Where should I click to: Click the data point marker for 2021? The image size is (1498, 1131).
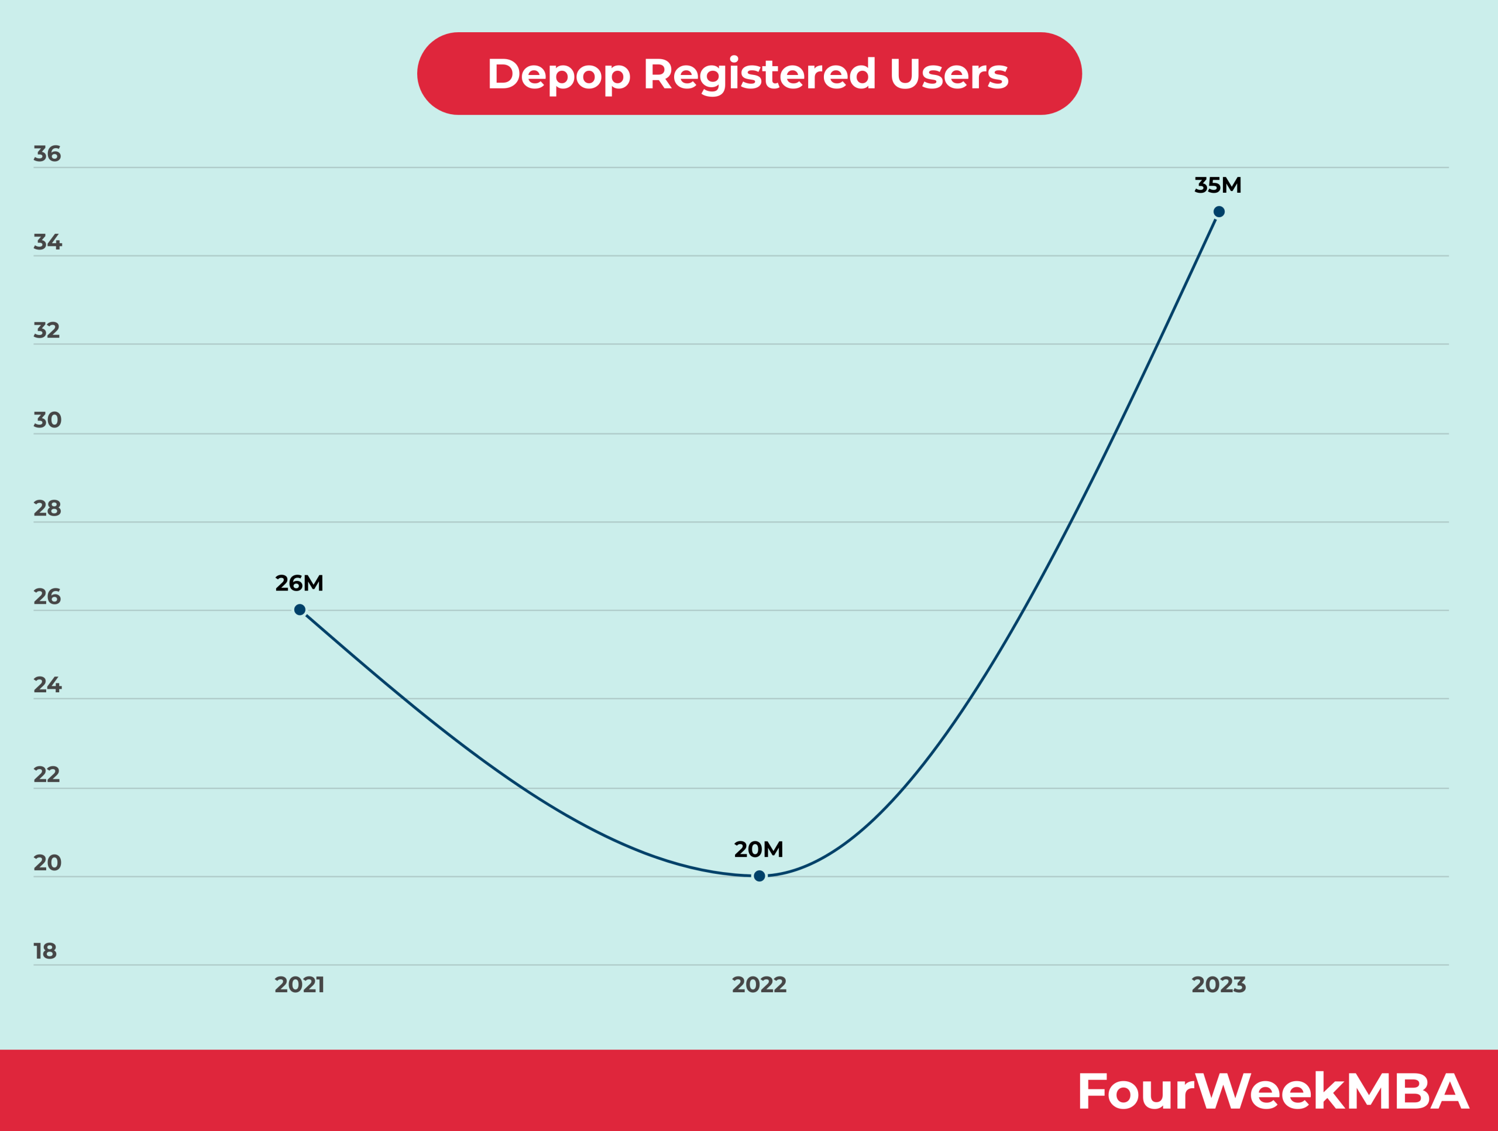(300, 610)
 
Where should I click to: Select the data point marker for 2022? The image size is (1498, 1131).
(759, 876)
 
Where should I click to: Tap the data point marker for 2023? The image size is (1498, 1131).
(1219, 212)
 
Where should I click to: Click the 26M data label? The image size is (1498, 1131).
(300, 583)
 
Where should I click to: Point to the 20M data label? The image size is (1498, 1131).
(758, 850)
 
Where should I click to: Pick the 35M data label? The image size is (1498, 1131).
(1218, 186)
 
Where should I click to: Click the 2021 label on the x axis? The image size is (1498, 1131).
(300, 985)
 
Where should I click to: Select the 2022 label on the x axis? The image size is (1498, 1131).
(759, 985)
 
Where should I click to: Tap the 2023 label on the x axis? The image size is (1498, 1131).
(1219, 985)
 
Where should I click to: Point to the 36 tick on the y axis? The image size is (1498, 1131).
(47, 155)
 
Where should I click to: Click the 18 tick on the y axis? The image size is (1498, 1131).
(46, 951)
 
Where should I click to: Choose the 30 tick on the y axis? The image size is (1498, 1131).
(47, 420)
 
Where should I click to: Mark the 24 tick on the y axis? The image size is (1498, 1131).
(47, 685)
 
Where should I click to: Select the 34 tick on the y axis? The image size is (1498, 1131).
(47, 242)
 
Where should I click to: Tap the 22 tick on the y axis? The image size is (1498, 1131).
(47, 774)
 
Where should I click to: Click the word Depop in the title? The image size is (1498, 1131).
(559, 74)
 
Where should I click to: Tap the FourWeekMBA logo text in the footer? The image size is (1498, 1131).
(1273, 1092)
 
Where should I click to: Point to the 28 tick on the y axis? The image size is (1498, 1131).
(47, 508)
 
